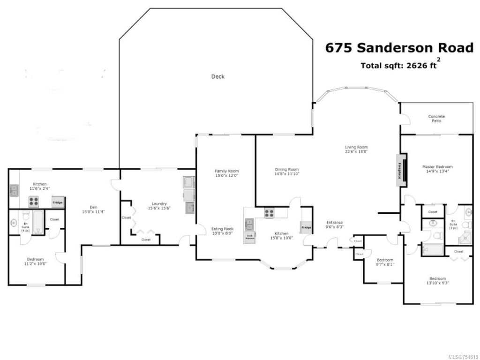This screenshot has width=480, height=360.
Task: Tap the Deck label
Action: click(217, 76)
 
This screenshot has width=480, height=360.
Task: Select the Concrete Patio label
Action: click(436, 119)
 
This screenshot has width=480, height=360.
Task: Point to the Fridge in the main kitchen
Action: click(306, 227)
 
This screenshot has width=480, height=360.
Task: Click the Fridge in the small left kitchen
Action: click(58, 202)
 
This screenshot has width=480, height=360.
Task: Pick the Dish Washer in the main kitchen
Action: click(249, 237)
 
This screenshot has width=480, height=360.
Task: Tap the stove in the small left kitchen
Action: click(34, 202)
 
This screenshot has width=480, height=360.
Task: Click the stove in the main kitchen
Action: click(270, 213)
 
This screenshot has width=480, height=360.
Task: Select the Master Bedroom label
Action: click(437, 166)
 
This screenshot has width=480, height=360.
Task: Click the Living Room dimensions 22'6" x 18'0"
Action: click(356, 151)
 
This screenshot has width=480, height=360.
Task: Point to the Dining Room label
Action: click(286, 170)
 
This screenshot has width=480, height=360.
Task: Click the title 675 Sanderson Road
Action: click(399, 48)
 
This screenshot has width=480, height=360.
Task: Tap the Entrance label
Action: click(335, 222)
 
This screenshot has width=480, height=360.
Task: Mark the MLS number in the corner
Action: click(462, 355)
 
